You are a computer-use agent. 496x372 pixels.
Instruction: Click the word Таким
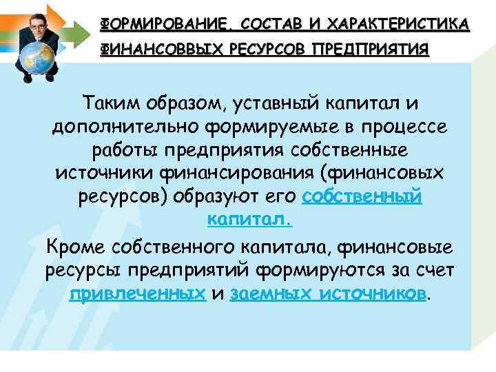coord(110,103)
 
